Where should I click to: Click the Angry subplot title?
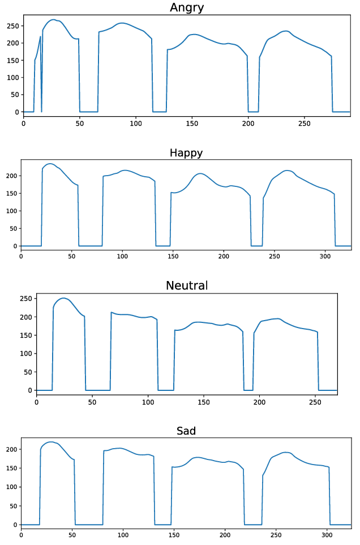187,7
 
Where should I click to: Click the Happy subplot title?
186,153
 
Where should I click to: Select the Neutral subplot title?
187,286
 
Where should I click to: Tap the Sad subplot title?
186,431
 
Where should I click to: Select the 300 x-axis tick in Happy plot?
325,256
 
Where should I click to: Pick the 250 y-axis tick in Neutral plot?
25,299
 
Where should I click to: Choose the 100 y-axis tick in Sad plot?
11,487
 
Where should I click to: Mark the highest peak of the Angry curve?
54,20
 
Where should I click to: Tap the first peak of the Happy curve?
50,164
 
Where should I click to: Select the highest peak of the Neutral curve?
63,298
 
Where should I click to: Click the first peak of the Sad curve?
51,442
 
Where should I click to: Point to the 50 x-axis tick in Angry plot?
79,123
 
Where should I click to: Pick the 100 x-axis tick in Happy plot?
122,256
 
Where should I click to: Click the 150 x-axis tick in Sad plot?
174,534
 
